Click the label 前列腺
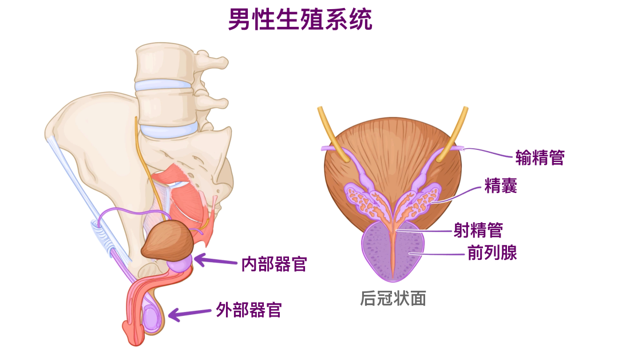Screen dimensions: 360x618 (x=492, y=252)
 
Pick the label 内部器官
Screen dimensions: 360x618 (x=274, y=264)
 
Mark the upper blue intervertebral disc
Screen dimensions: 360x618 (x=163, y=86)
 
